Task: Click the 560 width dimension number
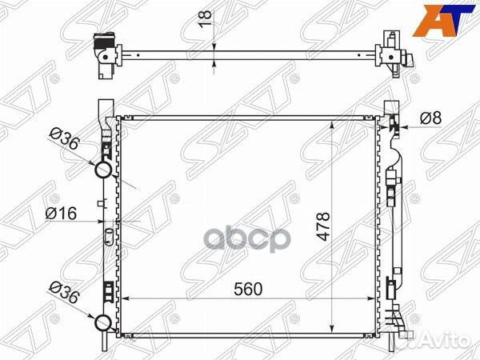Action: coord(248,289)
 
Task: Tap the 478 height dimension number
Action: coord(322,226)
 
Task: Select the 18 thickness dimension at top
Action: coord(206,19)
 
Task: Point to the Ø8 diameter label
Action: coord(430,118)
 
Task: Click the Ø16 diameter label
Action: coord(61,214)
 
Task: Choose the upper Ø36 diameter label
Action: coord(65,139)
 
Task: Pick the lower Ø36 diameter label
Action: coord(65,293)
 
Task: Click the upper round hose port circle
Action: coord(104,170)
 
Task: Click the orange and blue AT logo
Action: coord(443,21)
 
